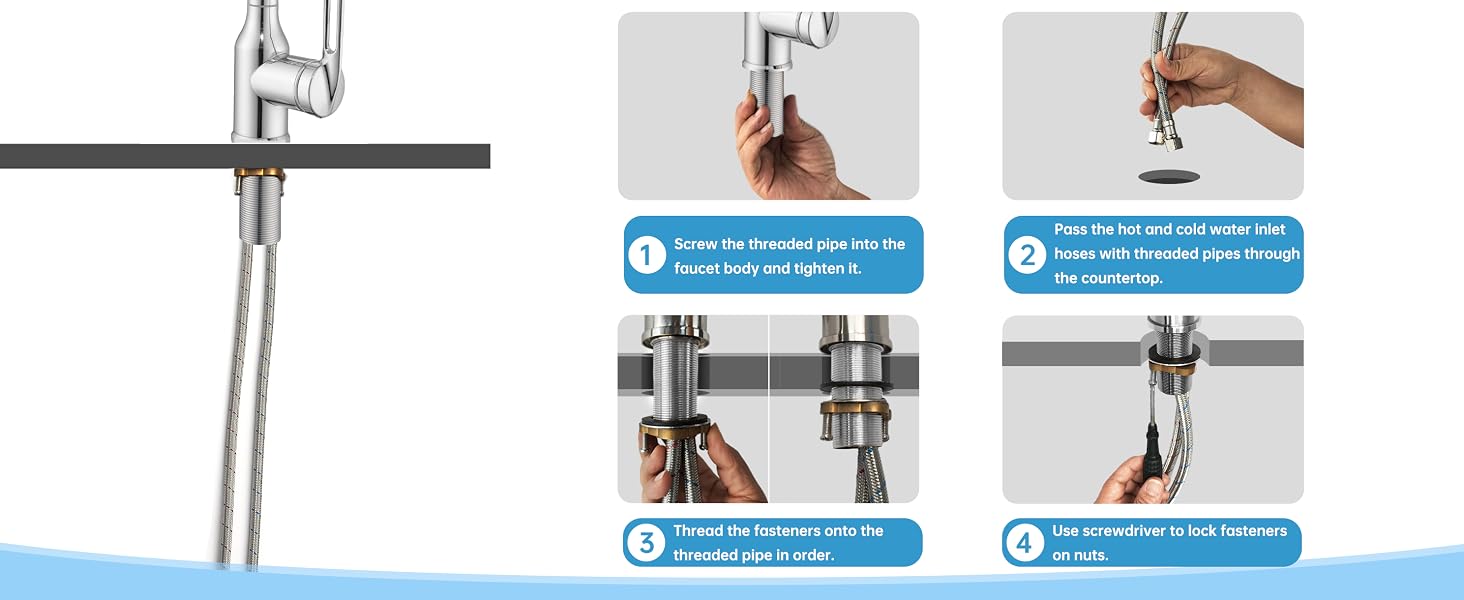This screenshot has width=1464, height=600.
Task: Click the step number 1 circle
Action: (x=646, y=256)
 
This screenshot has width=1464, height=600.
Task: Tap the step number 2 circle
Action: (x=1027, y=255)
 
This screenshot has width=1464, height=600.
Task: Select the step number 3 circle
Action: (x=646, y=542)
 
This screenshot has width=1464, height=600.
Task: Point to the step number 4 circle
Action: (x=1024, y=542)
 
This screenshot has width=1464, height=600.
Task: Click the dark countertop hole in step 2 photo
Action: (x=1169, y=176)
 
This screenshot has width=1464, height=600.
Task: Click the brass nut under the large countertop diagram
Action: (x=259, y=176)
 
